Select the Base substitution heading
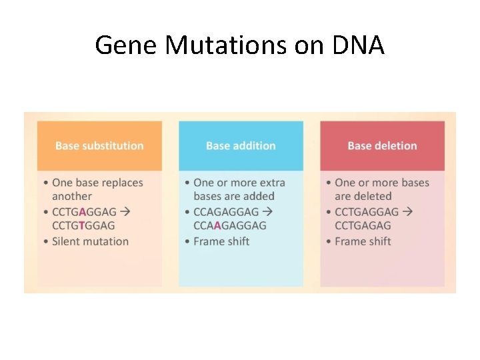(x=99, y=145)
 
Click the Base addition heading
(x=241, y=145)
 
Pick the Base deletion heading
(x=382, y=145)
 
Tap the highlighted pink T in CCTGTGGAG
(x=81, y=226)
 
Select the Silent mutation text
(x=90, y=241)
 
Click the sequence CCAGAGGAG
(x=225, y=211)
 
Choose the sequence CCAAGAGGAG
(x=229, y=226)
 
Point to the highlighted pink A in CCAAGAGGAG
(x=217, y=226)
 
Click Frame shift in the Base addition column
(x=221, y=241)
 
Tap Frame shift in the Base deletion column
(x=363, y=241)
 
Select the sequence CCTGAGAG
(x=363, y=226)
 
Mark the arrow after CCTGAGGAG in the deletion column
(x=407, y=211)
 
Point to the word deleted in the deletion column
(x=373, y=197)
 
